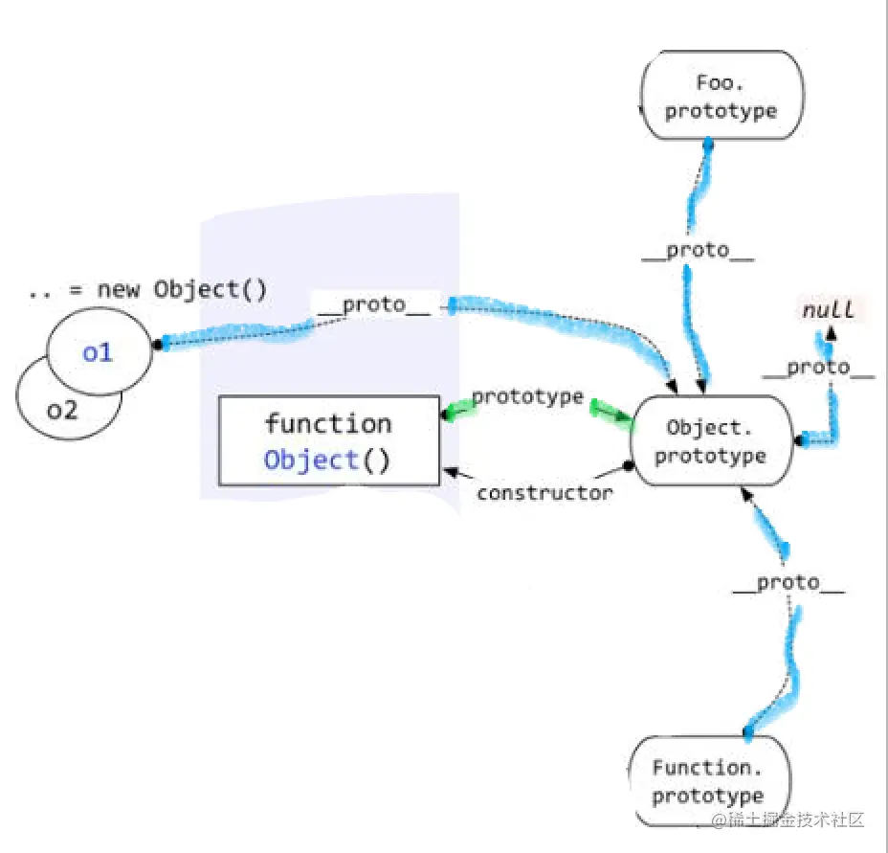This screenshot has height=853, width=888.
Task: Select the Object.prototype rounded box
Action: click(x=711, y=440)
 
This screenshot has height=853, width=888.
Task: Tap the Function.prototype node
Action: click(x=708, y=781)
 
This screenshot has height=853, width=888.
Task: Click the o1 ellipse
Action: click(x=98, y=352)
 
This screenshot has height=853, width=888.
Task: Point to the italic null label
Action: click(x=828, y=310)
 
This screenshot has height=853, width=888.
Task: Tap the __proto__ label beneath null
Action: click(x=818, y=368)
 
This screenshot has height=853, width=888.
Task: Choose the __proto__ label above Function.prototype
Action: click(x=788, y=583)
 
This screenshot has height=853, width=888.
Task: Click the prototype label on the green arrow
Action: click(x=527, y=396)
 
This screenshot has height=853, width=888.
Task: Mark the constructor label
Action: click(x=544, y=493)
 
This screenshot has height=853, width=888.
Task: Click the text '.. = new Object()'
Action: click(x=147, y=290)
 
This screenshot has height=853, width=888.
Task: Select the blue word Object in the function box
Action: click(x=311, y=460)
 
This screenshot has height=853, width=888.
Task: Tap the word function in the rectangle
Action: click(x=328, y=423)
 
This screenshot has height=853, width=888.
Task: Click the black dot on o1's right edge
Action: click(x=153, y=342)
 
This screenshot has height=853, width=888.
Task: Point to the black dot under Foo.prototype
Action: click(x=708, y=143)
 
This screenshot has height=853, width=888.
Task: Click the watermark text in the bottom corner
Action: click(x=788, y=820)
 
